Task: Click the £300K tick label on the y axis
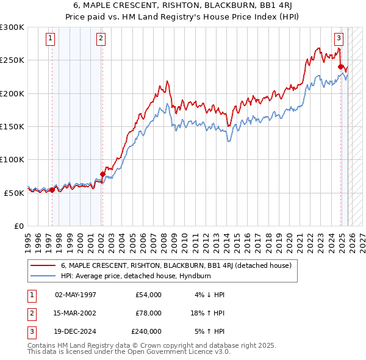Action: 12,27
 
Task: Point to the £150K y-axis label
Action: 12,126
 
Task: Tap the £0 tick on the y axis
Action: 19,225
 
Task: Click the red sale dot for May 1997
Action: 52,190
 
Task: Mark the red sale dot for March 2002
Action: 102,174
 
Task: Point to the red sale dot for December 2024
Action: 341,67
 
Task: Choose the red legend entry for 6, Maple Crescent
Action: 176,265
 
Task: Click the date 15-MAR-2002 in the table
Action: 76,312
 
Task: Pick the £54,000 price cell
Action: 148,294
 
